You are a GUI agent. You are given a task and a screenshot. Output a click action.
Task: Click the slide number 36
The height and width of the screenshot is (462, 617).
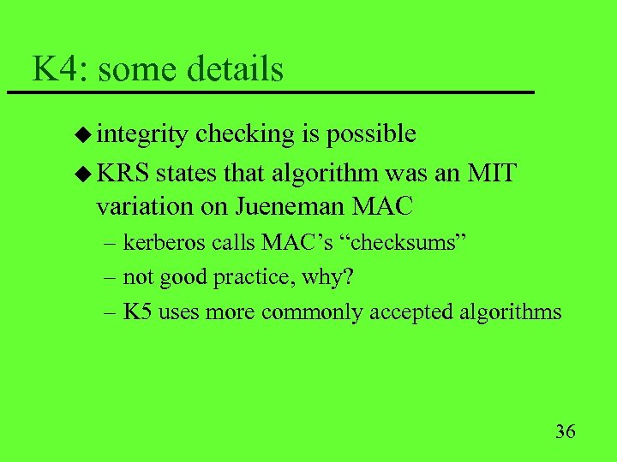coord(565,430)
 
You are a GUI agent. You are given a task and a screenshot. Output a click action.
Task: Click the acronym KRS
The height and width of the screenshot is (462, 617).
coord(123,174)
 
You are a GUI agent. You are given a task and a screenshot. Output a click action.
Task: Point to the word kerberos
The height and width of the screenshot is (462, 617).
coord(157,243)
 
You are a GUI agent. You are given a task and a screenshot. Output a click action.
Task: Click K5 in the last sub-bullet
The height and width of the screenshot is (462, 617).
coord(136,311)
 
